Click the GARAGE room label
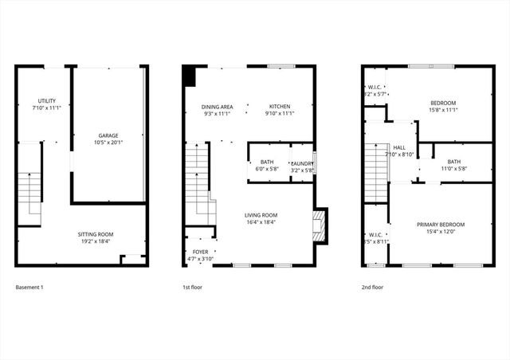pos(108,136)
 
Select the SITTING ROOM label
pos(94,234)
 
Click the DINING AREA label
pos(216,106)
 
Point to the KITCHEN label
pos(279,106)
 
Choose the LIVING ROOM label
pos(261,215)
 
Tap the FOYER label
pos(199,252)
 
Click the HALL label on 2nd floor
pos(399,147)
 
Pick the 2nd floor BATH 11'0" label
pos(453,162)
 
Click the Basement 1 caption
pos(29,286)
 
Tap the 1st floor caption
pos(193,286)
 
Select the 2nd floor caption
pos(373,286)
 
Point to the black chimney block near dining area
pos(189,76)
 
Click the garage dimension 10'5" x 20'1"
pos(108,143)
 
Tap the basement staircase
pos(29,191)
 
